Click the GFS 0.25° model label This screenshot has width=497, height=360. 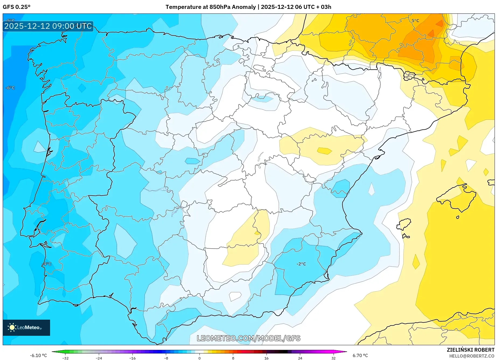pos(17,7)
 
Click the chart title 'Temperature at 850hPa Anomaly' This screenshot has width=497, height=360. pos(211,7)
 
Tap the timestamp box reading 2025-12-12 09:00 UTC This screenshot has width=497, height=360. pos(48,26)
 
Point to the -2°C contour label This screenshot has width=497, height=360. pos(301,264)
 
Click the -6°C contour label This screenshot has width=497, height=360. pos(10,88)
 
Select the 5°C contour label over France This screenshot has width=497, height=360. pos(415,20)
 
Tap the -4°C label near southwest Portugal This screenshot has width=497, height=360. pos(47,264)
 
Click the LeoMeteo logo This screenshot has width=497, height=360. pos(26,327)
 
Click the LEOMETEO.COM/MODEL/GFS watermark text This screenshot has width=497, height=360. pos(248,338)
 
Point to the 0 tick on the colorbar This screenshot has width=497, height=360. pos(199,358)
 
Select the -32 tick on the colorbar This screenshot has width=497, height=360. pos(65,358)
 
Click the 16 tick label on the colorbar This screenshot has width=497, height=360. pos(266,358)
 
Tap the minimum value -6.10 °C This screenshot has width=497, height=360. pos(38,355)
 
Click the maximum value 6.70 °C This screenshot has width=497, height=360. pos(360,355)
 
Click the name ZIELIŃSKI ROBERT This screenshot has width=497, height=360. pos(470,350)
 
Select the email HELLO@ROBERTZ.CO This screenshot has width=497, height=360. pos(471,356)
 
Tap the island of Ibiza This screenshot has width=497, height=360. pos(404,224)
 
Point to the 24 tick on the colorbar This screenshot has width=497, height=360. pos(300,358)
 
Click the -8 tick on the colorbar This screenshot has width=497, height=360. pos(166,358)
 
